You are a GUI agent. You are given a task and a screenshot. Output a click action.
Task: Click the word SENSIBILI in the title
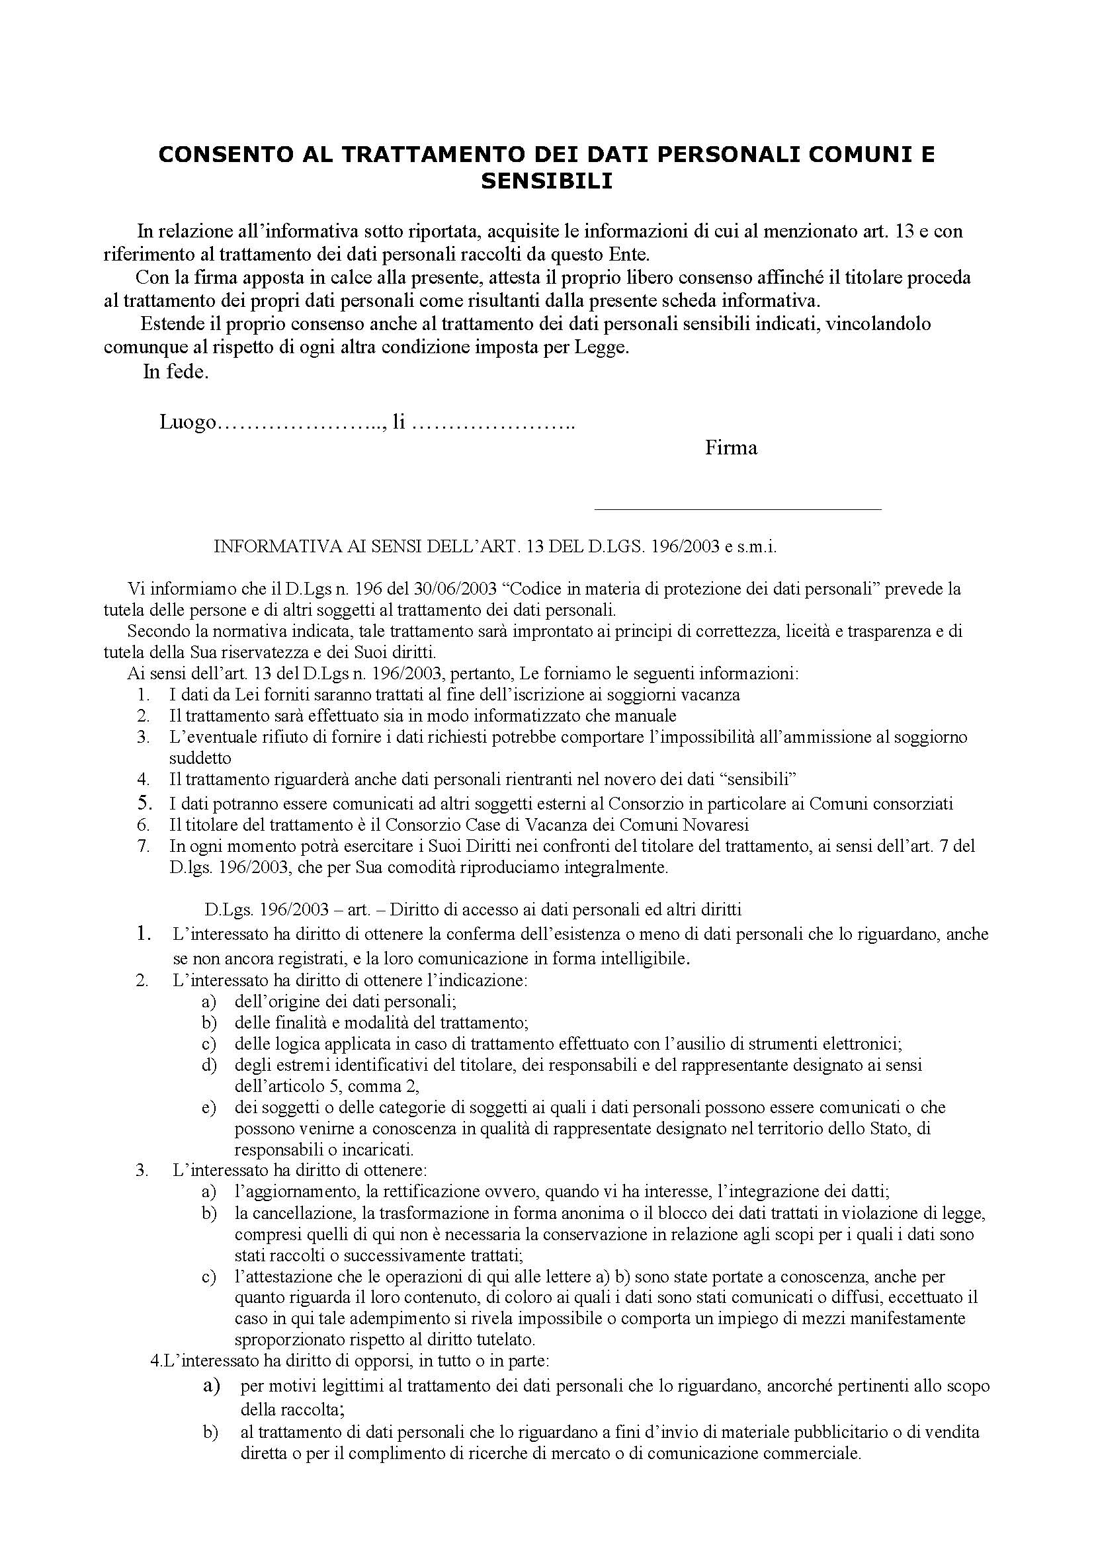(x=546, y=181)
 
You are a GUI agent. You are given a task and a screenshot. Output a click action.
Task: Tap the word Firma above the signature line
(x=731, y=447)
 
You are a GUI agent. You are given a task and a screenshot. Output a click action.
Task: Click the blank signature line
(x=737, y=509)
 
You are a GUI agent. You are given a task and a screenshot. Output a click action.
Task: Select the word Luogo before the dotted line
(x=188, y=423)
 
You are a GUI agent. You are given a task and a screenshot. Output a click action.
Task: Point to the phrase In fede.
(x=176, y=372)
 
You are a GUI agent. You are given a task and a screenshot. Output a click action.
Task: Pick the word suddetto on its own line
(x=200, y=758)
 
